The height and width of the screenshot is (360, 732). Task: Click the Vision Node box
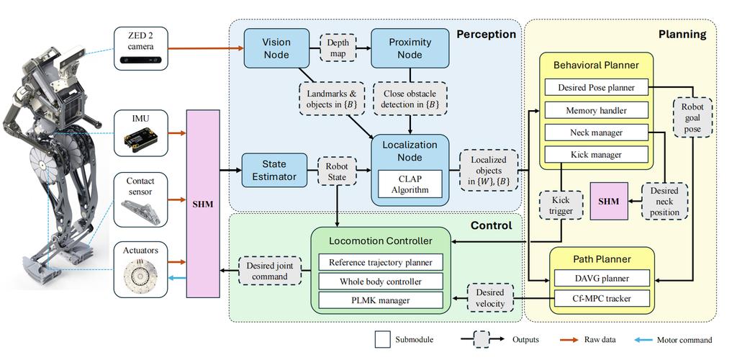276,48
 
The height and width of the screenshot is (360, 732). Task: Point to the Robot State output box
338,170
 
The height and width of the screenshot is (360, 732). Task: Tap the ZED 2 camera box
141,48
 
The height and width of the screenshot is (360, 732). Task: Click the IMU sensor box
141,132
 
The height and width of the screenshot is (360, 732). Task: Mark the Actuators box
141,269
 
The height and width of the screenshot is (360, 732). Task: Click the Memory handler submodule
596,110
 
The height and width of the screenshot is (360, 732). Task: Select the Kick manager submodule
596,154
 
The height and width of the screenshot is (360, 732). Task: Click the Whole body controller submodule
381,281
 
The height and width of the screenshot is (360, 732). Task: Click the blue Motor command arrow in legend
651,340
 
